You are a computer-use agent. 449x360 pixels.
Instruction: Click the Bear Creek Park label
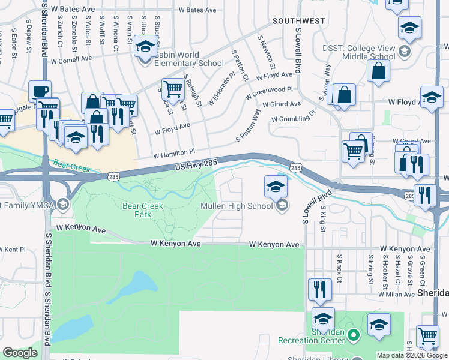pos(142,209)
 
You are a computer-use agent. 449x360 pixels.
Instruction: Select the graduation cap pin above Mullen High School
pos(276,186)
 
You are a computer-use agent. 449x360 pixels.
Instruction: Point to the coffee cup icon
pos(40,91)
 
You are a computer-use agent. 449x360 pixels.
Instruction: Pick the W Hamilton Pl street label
pos(173,152)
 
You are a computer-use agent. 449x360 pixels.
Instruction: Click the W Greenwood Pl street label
pos(269,92)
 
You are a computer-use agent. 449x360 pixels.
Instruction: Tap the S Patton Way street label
pos(248,125)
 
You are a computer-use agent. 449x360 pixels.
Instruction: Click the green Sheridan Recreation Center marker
pos(354,334)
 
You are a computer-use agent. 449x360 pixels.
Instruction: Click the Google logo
pos(20,352)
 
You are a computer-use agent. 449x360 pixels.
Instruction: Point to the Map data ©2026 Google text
pos(411,355)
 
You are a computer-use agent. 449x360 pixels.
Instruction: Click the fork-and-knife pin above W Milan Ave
pos(320,290)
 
